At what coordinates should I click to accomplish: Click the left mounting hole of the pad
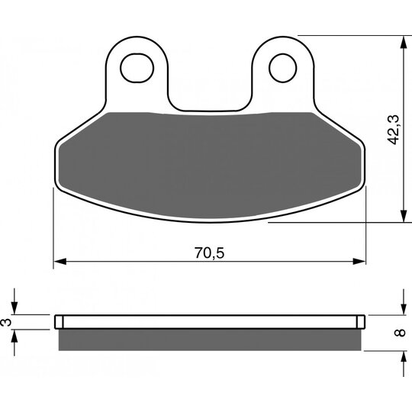coord(137,68)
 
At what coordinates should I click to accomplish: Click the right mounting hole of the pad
coord(283,68)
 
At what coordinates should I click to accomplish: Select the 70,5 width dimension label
coord(209,253)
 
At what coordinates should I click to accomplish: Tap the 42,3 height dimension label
coord(394,130)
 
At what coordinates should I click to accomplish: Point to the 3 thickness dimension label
coord(6,322)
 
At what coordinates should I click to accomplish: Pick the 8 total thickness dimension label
coord(401,333)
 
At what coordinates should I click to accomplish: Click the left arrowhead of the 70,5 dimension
coord(60,262)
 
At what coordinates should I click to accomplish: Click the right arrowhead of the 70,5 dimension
coord(359,262)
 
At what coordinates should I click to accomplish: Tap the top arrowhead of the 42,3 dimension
coord(404,42)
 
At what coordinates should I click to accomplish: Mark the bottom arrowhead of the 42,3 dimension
coord(404,216)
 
